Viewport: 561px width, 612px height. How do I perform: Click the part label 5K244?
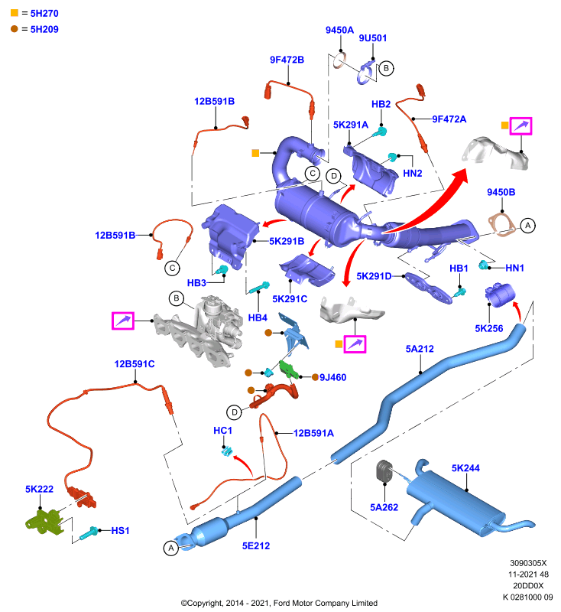coord(465,468)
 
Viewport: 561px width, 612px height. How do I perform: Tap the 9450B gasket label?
coord(501,192)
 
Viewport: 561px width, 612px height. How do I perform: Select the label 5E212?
coord(256,545)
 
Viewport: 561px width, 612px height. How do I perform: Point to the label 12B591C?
coord(135,364)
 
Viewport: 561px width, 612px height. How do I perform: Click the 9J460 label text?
coord(333,377)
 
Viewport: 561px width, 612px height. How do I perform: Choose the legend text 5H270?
coord(44,13)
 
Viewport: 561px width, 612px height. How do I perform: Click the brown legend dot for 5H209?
coord(15,29)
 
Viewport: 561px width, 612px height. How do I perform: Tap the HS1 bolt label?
coord(120,530)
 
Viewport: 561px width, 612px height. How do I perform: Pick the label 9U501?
coord(373,37)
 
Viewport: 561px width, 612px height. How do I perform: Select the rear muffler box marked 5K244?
coord(456,502)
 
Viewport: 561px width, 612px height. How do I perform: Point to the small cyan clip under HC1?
coord(226,451)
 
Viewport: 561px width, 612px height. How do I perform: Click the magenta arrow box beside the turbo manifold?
coord(123,321)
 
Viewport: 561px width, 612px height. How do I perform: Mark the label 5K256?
coord(489,328)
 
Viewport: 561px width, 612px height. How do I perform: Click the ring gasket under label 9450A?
coord(339,61)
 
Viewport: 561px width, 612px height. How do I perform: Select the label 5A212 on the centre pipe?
coord(420,349)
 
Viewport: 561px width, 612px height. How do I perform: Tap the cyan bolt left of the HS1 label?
coord(89,532)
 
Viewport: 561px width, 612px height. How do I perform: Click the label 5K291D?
coord(374,276)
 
